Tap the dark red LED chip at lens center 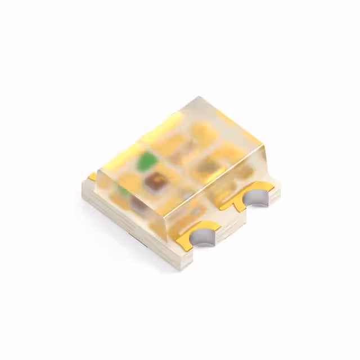tap(153, 181)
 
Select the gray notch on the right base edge tap(257, 198)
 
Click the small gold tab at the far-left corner tap(92, 177)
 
